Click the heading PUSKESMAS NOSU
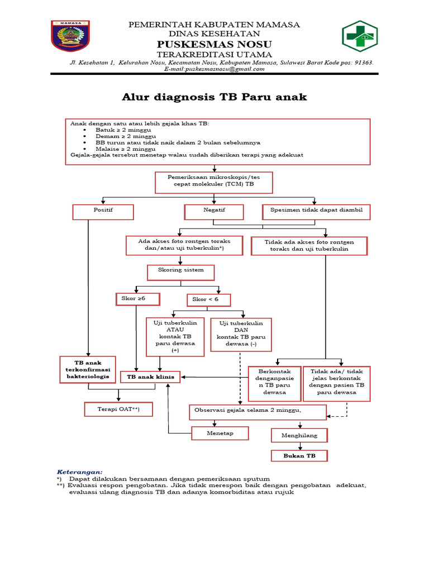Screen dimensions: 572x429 214,44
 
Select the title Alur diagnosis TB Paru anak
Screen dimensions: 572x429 214,97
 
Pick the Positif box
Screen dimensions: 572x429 103,212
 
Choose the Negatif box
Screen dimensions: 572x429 214,212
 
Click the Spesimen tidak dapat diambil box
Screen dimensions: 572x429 316,212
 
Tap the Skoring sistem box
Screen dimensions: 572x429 180,271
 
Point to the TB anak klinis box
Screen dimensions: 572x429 151,377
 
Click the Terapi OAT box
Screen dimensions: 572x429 118,409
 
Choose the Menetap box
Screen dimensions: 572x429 219,433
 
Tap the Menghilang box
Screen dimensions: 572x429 299,435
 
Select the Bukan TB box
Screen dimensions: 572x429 299,456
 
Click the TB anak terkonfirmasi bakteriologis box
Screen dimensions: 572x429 88,370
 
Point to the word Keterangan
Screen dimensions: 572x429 80,472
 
